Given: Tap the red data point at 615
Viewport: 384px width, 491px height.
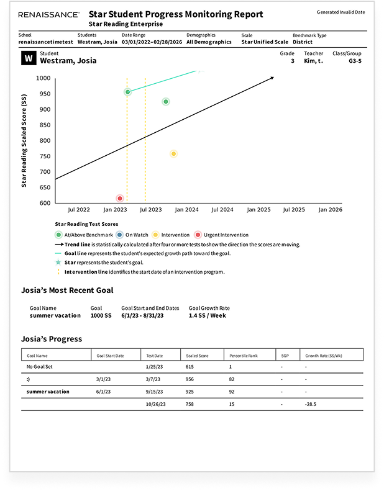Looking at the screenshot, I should click(x=120, y=198).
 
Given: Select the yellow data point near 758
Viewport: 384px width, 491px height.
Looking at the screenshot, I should click(x=173, y=153).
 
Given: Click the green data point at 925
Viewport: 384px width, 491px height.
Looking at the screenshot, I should click(x=165, y=102).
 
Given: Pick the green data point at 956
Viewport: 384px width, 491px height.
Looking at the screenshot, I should click(x=127, y=92).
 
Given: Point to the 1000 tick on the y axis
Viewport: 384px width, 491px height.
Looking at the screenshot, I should click(x=43, y=78).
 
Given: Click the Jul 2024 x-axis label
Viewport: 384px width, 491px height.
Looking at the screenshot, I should click(x=222, y=210).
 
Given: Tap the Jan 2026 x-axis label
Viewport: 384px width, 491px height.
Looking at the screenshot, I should click(x=330, y=210).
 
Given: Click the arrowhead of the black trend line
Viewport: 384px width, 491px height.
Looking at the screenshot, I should click(x=272, y=78).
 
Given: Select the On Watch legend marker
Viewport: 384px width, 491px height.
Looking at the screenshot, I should click(x=119, y=235).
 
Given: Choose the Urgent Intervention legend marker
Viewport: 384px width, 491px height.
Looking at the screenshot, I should click(x=198, y=235).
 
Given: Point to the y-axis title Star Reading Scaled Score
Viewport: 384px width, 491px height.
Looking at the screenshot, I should click(x=24, y=140).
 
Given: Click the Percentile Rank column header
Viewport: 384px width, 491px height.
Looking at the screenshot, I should click(x=239, y=356).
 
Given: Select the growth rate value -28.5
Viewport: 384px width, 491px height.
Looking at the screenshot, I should click(x=311, y=405).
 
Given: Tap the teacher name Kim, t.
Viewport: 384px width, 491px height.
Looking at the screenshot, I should click(x=314, y=61).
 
